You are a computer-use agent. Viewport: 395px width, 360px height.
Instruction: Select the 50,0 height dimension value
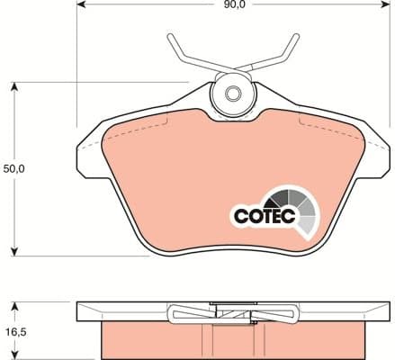pos(14,168)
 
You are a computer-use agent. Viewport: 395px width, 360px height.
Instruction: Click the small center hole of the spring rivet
pos(232,93)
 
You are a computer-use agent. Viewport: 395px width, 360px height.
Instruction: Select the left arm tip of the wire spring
pos(170,39)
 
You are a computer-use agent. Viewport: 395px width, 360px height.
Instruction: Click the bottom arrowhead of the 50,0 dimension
pos(14,250)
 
